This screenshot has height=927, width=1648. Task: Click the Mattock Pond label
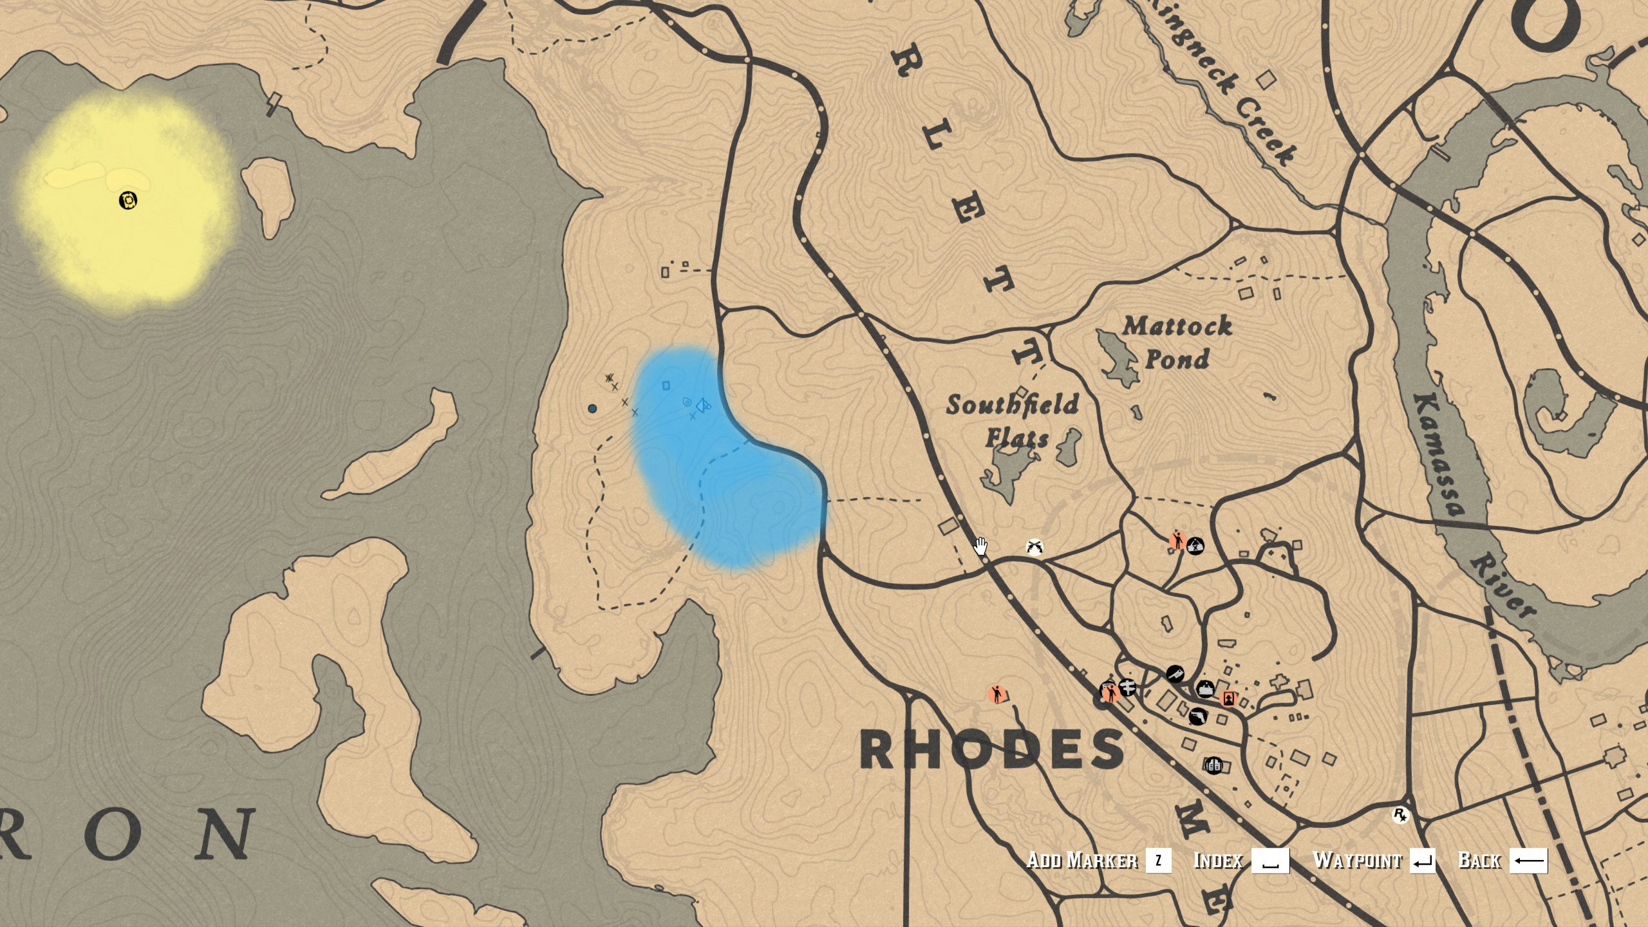tap(1177, 342)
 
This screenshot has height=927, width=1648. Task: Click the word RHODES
tap(992, 750)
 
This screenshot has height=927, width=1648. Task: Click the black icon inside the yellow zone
tap(129, 201)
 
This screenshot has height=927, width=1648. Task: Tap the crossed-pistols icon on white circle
tap(1034, 547)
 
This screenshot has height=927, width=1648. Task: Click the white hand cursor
tap(980, 547)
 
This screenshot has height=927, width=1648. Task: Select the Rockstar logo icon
tap(1400, 816)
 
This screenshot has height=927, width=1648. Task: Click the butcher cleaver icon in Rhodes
tap(1175, 674)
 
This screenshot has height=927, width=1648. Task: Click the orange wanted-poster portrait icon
tap(1228, 698)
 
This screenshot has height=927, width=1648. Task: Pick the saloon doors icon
tap(1213, 765)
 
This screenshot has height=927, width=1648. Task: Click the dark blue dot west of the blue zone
tap(592, 408)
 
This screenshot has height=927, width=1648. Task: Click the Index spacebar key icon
tap(1270, 861)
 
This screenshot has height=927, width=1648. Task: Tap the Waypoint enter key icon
tap(1422, 861)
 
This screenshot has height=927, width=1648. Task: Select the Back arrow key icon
tap(1528, 861)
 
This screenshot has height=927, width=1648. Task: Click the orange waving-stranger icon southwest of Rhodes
tap(997, 695)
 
